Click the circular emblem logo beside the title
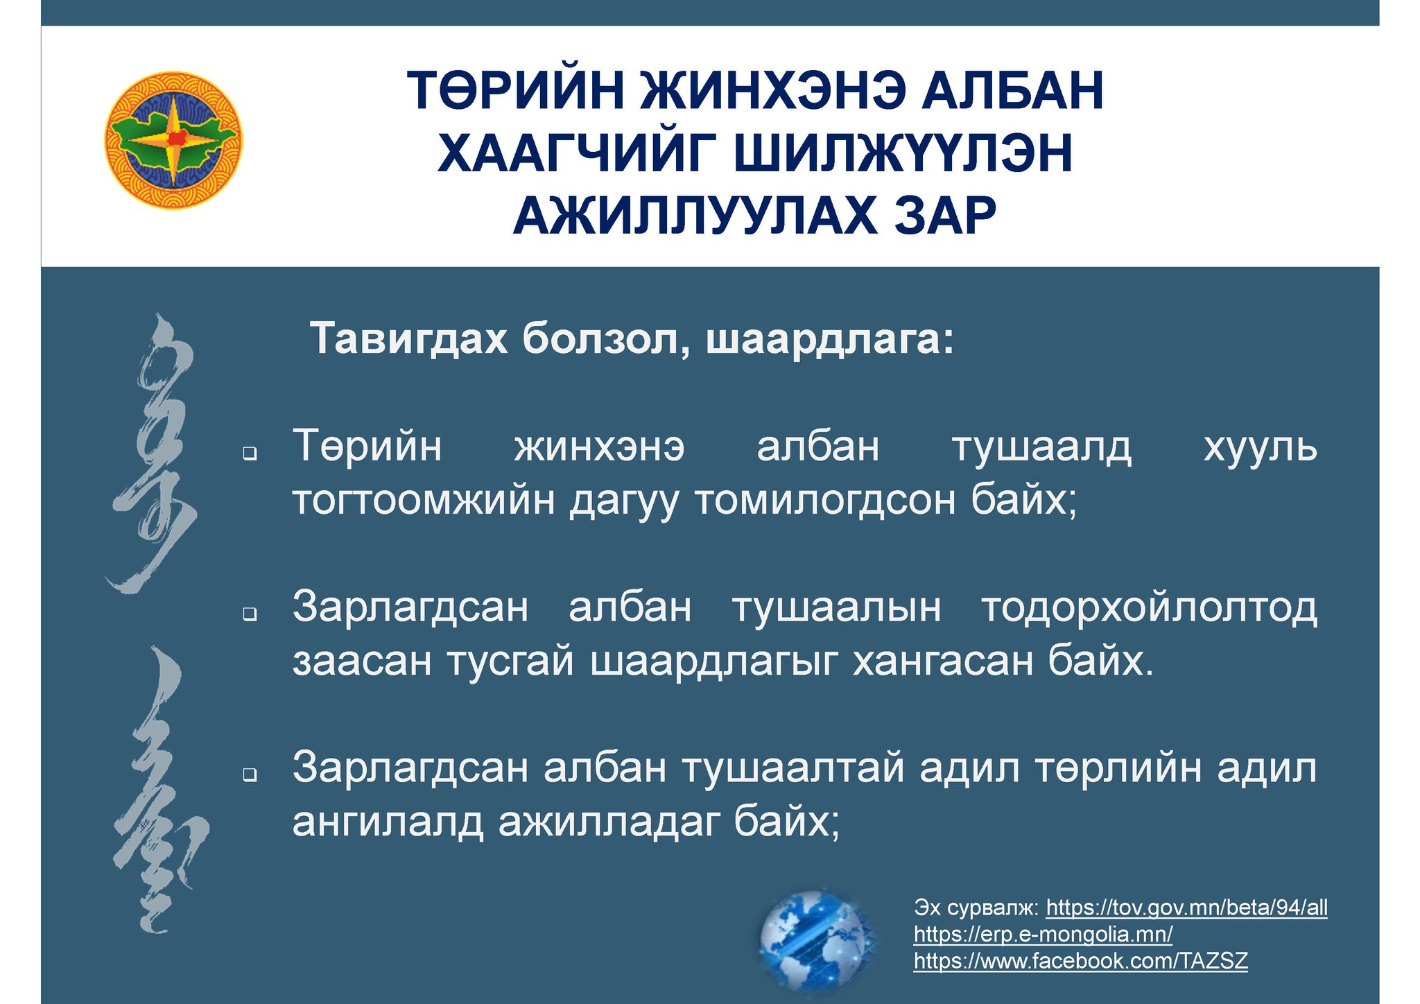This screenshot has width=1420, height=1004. (x=173, y=141)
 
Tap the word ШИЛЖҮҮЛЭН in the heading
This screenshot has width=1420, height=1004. (x=903, y=153)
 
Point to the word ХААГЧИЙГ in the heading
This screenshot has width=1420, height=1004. (x=579, y=153)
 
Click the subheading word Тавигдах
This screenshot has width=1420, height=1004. (x=408, y=339)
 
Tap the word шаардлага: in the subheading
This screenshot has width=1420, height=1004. (x=829, y=340)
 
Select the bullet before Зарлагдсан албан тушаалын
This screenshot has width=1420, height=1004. (x=250, y=614)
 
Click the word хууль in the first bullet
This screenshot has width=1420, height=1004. (x=1260, y=447)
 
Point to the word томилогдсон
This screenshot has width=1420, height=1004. (x=824, y=501)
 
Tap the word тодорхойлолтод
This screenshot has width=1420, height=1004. (x=1149, y=608)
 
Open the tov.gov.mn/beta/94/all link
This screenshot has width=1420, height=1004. (x=1186, y=908)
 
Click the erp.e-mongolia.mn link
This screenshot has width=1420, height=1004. (x=1043, y=935)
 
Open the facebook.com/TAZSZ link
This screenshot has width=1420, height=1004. (x=1080, y=961)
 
